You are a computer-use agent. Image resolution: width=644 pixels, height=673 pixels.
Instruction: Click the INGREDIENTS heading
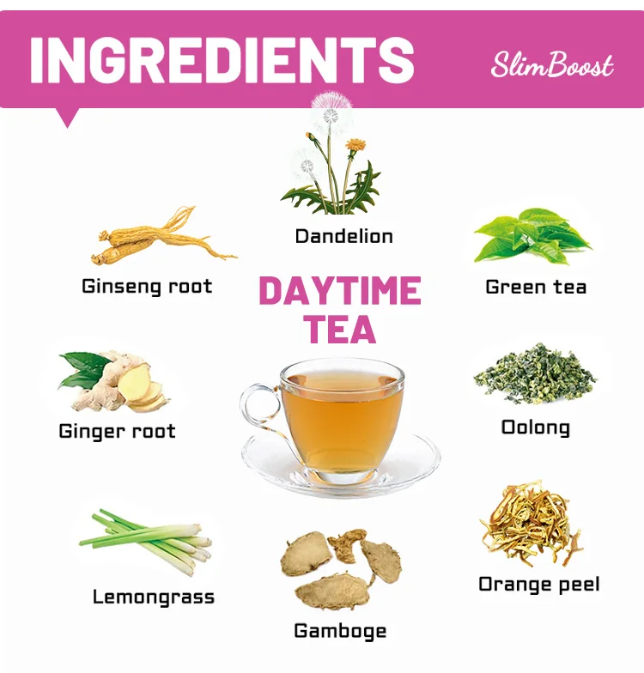(x=222, y=59)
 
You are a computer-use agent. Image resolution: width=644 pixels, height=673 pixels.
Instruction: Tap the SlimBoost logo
(x=552, y=65)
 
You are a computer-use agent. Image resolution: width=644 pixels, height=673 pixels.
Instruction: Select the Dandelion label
(x=343, y=237)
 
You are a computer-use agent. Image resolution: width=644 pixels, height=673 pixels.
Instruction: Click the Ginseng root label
(x=147, y=287)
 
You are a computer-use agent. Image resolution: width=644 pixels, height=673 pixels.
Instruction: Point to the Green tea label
(x=536, y=287)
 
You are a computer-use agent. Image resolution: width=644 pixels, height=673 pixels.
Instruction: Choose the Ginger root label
(x=117, y=431)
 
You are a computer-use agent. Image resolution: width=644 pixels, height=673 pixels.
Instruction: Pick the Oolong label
(x=536, y=427)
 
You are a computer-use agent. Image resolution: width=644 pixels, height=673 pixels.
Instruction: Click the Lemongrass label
(x=154, y=597)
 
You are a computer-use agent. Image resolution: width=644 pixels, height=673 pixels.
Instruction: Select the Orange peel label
(x=539, y=585)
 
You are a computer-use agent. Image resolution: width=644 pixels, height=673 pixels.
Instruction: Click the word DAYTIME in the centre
(x=340, y=291)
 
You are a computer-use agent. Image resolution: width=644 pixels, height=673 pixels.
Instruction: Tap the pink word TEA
(x=340, y=330)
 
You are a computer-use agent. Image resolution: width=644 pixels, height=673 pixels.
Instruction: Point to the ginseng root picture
(x=163, y=236)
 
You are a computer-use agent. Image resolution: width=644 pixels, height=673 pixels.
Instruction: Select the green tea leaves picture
(x=532, y=236)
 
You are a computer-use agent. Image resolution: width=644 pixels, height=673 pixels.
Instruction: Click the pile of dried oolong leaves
(x=535, y=374)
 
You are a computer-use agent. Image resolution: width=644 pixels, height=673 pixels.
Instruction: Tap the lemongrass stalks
(x=147, y=541)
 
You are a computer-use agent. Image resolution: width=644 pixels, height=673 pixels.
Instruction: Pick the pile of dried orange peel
(x=532, y=524)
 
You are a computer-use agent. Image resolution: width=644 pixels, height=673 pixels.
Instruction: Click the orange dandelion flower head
(x=355, y=144)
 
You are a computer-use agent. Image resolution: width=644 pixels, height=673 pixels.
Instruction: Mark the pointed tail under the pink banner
(x=67, y=117)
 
